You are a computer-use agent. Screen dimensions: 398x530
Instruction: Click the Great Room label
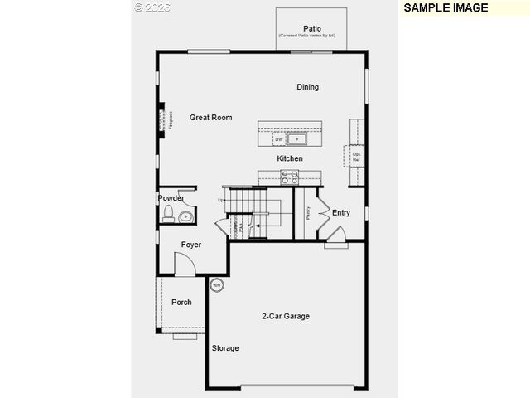[x=210, y=118]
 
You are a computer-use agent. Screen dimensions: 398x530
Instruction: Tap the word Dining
[x=307, y=87]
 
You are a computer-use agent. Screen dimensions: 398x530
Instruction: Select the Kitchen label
[x=289, y=158]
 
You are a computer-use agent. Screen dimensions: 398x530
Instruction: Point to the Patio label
[x=311, y=28]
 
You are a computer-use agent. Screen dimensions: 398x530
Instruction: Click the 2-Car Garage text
[x=286, y=316]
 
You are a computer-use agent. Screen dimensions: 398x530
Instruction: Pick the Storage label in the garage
[x=224, y=348]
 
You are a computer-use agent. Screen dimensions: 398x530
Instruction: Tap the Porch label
[x=181, y=303]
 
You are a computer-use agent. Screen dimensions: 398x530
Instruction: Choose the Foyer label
[x=191, y=245]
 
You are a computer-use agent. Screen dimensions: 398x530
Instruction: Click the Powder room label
[x=171, y=198]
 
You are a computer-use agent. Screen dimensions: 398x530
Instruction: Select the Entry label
[x=341, y=213]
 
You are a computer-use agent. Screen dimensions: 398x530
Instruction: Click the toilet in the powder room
[x=168, y=216]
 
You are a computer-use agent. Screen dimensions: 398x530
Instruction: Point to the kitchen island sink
[x=297, y=139]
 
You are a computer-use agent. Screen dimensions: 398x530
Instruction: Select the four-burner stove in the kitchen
[x=289, y=176]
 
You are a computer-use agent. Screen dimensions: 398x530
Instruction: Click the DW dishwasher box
[x=279, y=139]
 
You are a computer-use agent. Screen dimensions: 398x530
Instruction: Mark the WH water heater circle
[x=217, y=285]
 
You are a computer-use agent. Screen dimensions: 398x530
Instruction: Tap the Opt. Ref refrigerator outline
[x=356, y=155]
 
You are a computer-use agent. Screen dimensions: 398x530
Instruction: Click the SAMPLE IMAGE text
[x=446, y=7]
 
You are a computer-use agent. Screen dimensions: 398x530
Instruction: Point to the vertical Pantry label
[x=307, y=213]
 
